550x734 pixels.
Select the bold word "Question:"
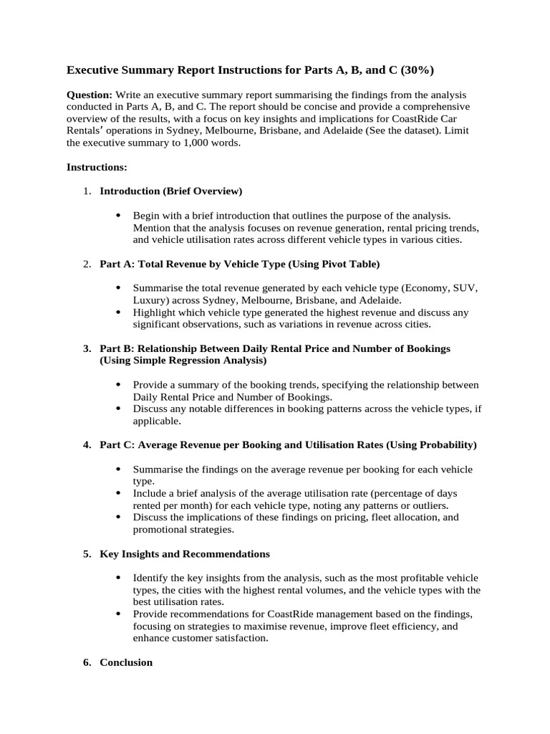point(90,95)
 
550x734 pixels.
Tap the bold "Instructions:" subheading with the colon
point(97,167)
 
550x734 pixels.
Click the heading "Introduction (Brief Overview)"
point(171,191)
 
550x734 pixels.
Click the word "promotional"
point(160,530)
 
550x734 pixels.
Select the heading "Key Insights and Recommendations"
point(185,554)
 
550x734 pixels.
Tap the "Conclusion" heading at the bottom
point(126,662)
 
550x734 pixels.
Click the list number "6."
point(87,662)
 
